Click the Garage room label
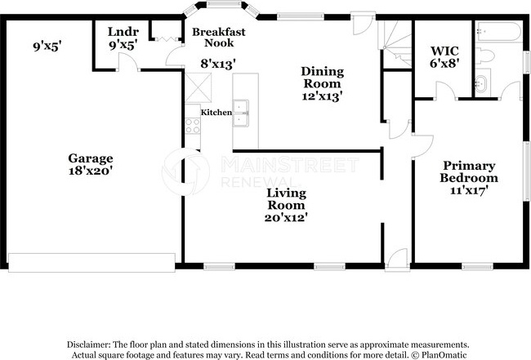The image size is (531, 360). tap(91, 158)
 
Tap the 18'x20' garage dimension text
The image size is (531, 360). tap(91, 171)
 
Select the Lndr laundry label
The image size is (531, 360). tap(123, 32)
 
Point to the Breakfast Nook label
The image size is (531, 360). tap(219, 38)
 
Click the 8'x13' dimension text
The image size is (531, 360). tap(218, 64)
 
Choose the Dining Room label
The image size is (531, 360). tap(323, 78)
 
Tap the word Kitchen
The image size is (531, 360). tap(216, 113)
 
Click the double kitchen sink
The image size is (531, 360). tap(240, 113)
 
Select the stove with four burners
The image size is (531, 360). tap(193, 126)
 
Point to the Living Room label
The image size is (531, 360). tap(286, 199)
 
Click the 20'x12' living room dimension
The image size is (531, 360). tap(286, 217)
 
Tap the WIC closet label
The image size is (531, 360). tap(444, 51)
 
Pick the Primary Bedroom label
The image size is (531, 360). tap(469, 171)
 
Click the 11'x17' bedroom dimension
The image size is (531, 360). tap(469, 190)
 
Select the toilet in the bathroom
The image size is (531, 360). tap(484, 56)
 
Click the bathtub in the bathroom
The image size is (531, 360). tap(498, 32)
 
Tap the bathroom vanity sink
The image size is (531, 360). tap(481, 83)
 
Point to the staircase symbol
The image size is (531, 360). tap(395, 44)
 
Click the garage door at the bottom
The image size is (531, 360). tap(91, 262)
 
